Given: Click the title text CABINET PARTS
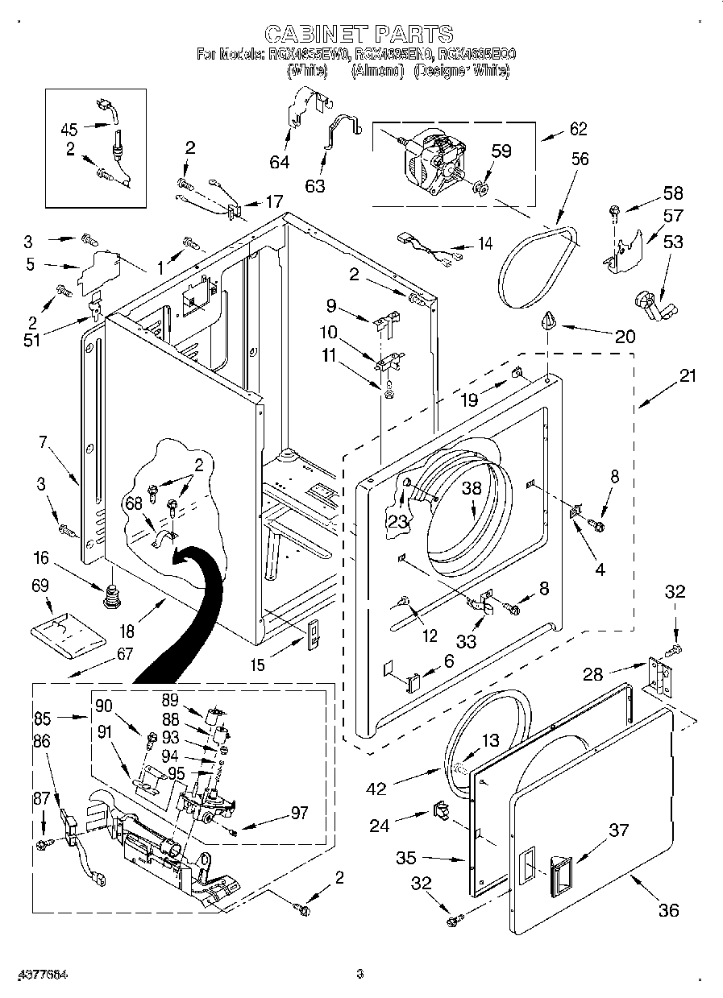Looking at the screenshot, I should (x=359, y=33).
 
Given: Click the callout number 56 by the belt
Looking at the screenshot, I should (x=580, y=159).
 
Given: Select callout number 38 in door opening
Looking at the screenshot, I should (x=471, y=487).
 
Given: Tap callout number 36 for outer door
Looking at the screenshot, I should (x=668, y=910).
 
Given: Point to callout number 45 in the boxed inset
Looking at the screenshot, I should (x=69, y=129).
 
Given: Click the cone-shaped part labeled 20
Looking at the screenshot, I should (x=549, y=321).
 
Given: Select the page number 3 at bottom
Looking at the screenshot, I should (x=361, y=974).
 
